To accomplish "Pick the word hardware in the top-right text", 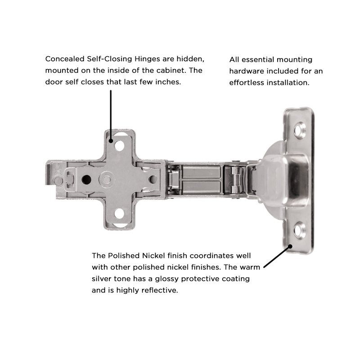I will [x=247, y=71].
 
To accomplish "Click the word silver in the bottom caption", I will [x=102, y=279].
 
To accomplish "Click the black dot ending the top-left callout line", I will [x=110, y=140].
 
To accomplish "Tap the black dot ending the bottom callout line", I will [x=290, y=246].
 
